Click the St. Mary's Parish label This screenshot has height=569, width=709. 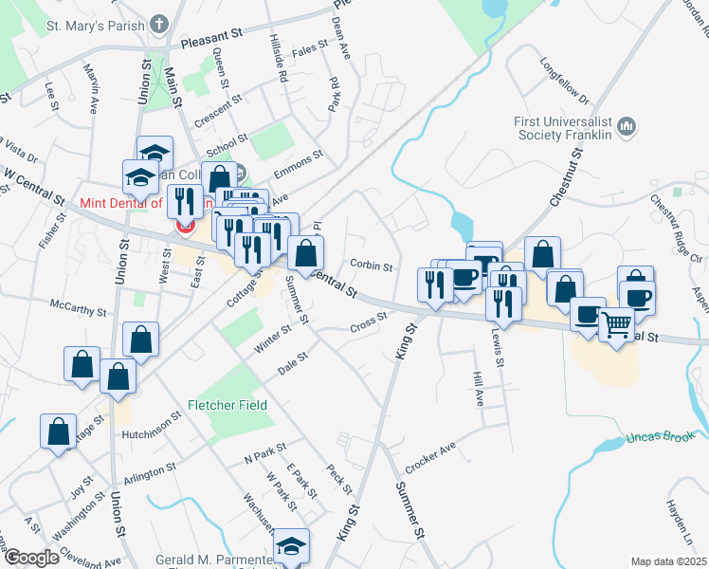click(91, 26)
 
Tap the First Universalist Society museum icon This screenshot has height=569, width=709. click(627, 126)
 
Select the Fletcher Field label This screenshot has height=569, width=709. click(227, 405)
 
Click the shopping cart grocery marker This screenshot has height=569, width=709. click(617, 325)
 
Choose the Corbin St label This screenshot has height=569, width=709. click(371, 266)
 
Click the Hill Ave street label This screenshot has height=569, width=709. click(479, 387)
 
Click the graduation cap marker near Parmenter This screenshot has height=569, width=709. click(292, 546)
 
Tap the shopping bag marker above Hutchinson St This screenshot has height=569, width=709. click(59, 431)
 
